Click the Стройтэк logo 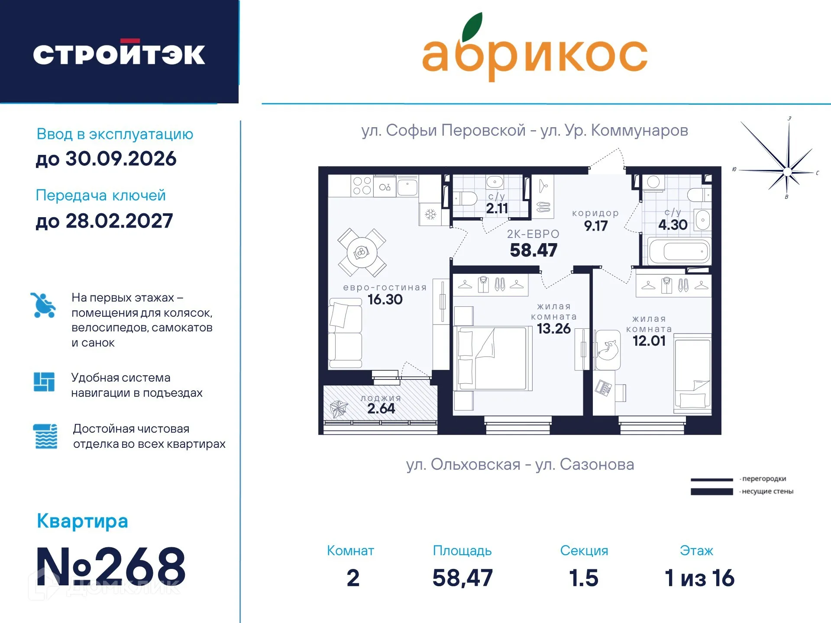(119, 54)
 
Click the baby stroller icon (43, 305)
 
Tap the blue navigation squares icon (44, 382)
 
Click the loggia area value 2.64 (381, 408)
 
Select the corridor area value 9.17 (596, 225)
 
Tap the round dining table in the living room (362, 252)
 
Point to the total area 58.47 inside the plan (534, 250)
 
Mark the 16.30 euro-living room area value (385, 299)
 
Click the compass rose (787, 171)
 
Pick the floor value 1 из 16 (699, 578)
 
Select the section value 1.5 (584, 578)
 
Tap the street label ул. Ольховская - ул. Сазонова (520, 464)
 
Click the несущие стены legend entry (766, 491)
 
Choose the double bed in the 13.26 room (492, 358)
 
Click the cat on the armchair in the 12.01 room (608, 350)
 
